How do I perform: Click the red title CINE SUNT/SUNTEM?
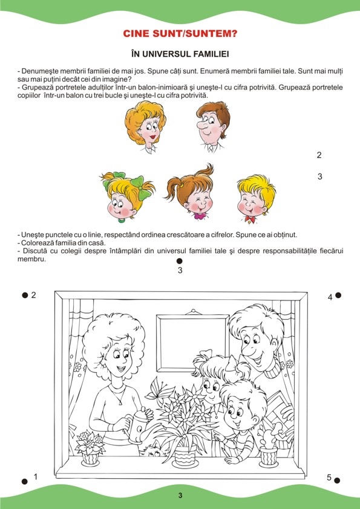pyautogui.click(x=180, y=33)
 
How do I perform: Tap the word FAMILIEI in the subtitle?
pyautogui.click(x=211, y=54)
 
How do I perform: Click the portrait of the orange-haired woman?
pyautogui.click(x=145, y=126)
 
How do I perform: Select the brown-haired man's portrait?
pyautogui.click(x=213, y=126)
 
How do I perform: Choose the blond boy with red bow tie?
pyautogui.click(x=257, y=199)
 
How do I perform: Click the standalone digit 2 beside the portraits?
pyautogui.click(x=319, y=155)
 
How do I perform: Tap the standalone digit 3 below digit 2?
pyautogui.click(x=320, y=177)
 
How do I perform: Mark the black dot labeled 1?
pyautogui.click(x=25, y=481)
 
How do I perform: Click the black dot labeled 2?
pyautogui.click(x=25, y=295)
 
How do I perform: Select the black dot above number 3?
pyautogui.click(x=179, y=261)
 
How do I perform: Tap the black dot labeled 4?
pyautogui.click(x=338, y=295)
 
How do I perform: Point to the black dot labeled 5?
pyautogui.click(x=337, y=481)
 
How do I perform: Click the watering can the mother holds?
pyautogui.click(x=139, y=425)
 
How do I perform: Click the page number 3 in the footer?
pyautogui.click(x=180, y=495)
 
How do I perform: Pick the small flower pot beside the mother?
pyautogui.click(x=90, y=448)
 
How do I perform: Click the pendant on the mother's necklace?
pyautogui.click(x=122, y=403)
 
